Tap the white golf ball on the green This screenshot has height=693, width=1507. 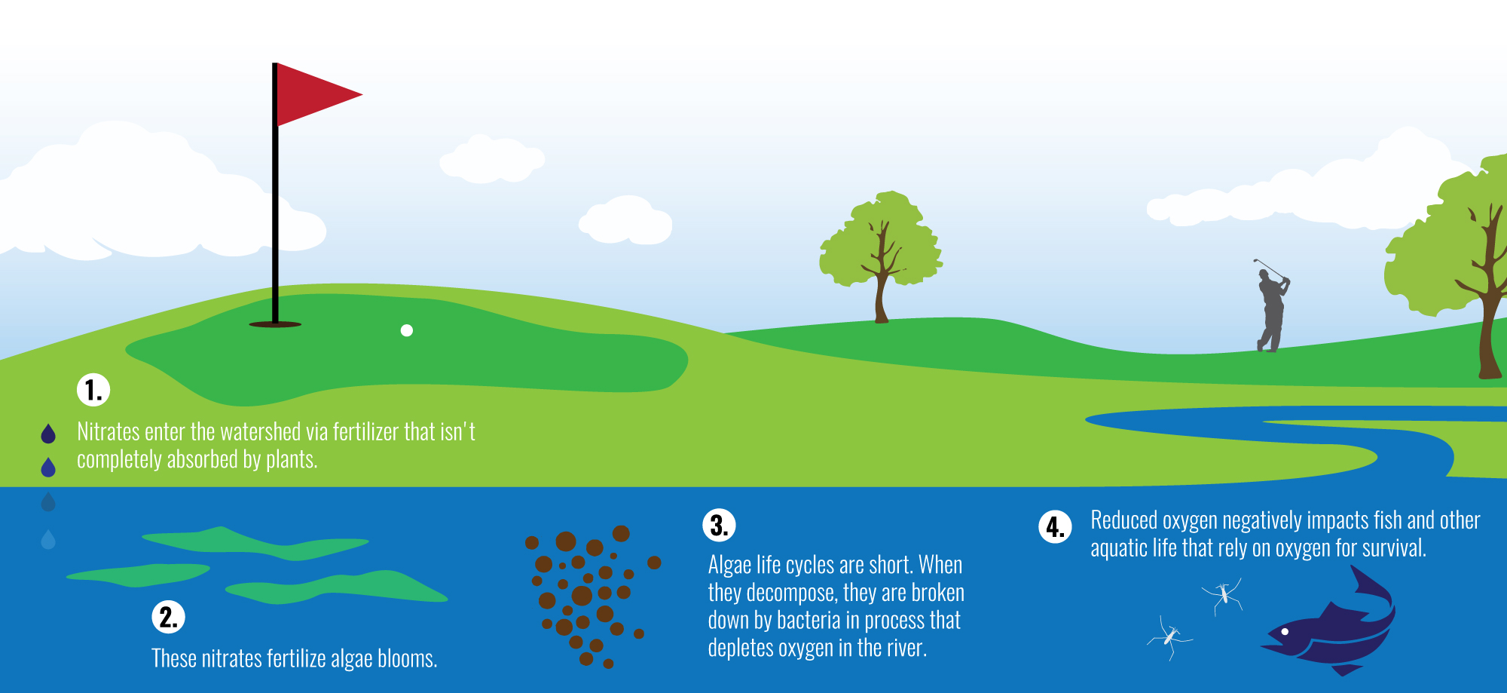(x=407, y=330)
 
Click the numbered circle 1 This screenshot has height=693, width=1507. (x=93, y=390)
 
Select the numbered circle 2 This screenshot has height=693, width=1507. (x=168, y=617)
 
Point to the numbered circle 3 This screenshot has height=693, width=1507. (x=719, y=525)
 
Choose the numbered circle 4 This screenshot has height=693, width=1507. (x=1055, y=526)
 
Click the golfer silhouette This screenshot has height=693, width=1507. (x=1272, y=305)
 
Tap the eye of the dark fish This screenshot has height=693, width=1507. (x=1285, y=632)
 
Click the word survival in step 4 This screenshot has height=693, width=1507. (x=1395, y=547)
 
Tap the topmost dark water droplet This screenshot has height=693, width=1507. (x=48, y=433)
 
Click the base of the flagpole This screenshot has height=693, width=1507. (x=275, y=324)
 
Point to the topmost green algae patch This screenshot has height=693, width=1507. (x=255, y=543)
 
